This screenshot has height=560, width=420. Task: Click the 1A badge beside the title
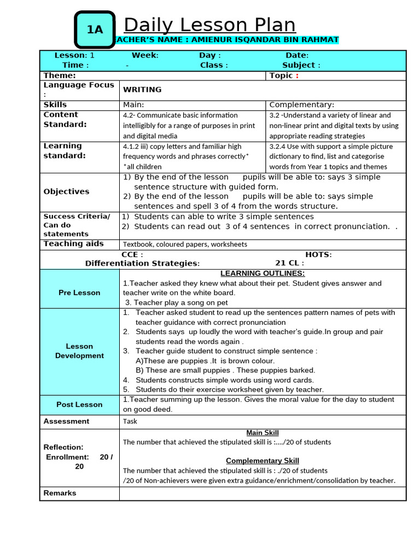[x=95, y=30]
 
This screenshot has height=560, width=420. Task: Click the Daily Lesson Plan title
[x=209, y=25]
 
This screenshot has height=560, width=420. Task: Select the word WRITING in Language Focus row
[x=142, y=90]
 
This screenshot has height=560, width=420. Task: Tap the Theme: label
[x=60, y=75]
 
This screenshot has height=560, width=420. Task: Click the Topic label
[x=282, y=75]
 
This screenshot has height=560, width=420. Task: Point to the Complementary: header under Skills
[x=302, y=104]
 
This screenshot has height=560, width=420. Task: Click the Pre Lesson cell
[x=80, y=293]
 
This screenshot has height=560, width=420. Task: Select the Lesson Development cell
[x=80, y=351]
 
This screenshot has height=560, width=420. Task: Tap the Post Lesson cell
[x=80, y=405]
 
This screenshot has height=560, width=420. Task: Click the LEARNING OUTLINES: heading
[x=262, y=273]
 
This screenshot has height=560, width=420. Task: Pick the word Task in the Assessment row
[x=130, y=422]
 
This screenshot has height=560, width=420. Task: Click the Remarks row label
[x=60, y=493]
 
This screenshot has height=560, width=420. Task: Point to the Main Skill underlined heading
[x=262, y=433]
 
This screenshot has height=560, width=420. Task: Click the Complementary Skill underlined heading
[x=262, y=461]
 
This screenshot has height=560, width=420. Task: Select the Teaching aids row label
[x=73, y=244]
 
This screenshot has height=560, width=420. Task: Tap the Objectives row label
[x=66, y=191]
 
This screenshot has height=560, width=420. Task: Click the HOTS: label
[x=318, y=254]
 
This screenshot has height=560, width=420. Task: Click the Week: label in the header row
[x=145, y=55]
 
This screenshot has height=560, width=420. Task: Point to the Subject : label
[x=301, y=65]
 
